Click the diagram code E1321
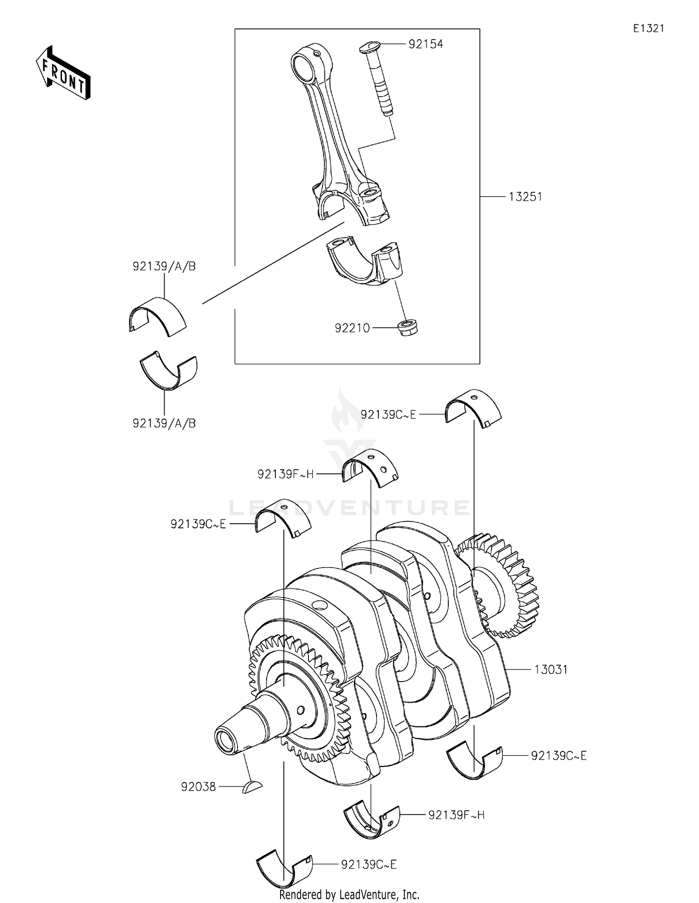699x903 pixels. click(649, 28)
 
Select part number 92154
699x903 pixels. click(425, 44)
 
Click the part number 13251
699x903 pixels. click(525, 197)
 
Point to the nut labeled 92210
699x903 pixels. click(408, 327)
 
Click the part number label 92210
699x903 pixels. click(352, 328)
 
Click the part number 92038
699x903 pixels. click(199, 787)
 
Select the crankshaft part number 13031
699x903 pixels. click(551, 670)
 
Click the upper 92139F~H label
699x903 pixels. click(286, 474)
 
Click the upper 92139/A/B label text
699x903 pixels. click(164, 267)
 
